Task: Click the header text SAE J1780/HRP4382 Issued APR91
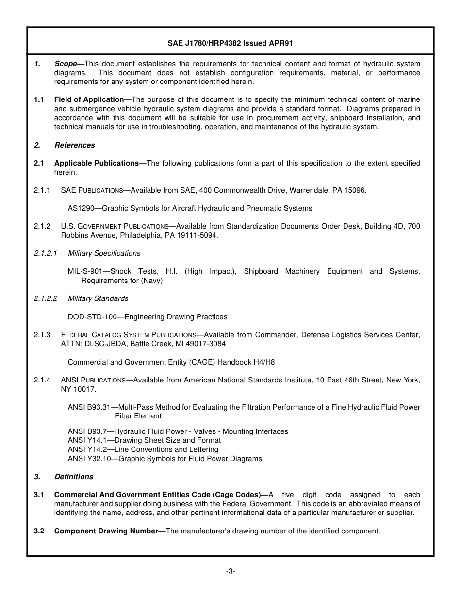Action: [x=230, y=43]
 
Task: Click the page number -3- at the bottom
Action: [x=230, y=571]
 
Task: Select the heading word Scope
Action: [x=66, y=64]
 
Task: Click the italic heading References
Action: [x=75, y=145]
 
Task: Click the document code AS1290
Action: [x=81, y=208]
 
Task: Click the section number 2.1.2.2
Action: [x=46, y=298]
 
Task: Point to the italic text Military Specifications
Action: [x=104, y=253]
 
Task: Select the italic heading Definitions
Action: [x=74, y=477]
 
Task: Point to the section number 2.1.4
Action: [x=42, y=380]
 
